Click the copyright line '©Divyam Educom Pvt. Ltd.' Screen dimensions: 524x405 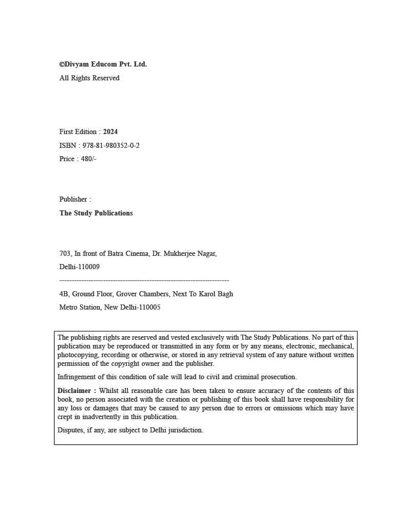pos(103,64)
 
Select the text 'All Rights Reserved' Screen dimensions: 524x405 pos(89,78)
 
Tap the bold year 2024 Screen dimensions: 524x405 pos(110,132)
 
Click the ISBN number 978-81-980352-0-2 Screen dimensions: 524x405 pos(111,146)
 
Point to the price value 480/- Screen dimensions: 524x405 pos(89,159)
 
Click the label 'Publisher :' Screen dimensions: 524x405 pos(75,200)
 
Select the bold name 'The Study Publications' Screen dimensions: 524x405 pos(96,213)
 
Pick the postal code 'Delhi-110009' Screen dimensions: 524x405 pos(79,267)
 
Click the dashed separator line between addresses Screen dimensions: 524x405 pos(144,280)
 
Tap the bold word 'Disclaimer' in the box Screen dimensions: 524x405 pos(75,391)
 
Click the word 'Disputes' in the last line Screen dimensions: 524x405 pos(70,430)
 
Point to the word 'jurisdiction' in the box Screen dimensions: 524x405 pos(185,430)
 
